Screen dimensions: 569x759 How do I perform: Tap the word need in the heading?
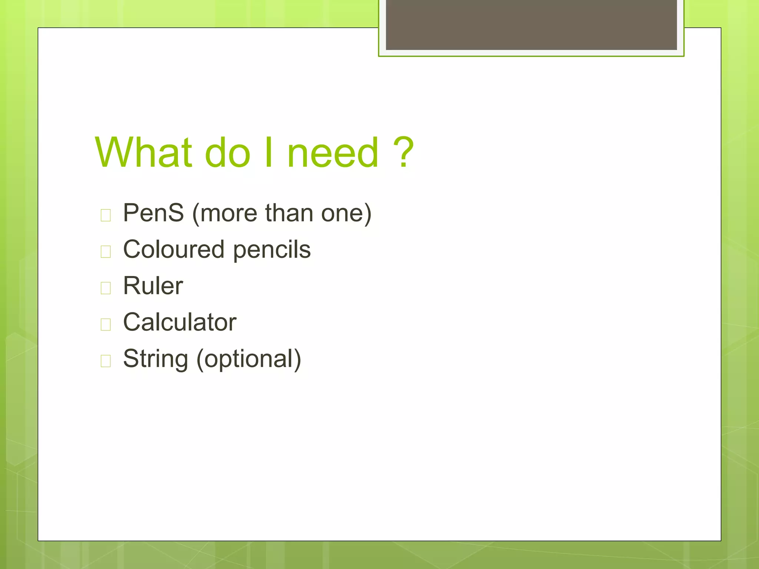click(x=333, y=152)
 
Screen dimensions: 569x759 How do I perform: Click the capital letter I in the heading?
click(x=269, y=152)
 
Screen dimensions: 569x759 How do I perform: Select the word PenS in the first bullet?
click(x=153, y=213)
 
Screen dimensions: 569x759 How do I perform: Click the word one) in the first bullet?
click(x=346, y=214)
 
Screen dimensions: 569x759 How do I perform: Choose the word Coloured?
click(x=174, y=249)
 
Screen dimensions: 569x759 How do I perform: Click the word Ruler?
click(x=153, y=286)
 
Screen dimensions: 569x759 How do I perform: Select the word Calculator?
click(x=180, y=322)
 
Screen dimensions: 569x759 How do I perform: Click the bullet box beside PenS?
click(x=106, y=215)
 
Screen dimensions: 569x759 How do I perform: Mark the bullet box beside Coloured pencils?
click(x=106, y=252)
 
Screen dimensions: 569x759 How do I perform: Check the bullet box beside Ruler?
click(x=106, y=288)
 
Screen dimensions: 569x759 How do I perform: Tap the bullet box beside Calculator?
click(x=106, y=324)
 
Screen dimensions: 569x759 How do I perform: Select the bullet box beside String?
click(x=106, y=360)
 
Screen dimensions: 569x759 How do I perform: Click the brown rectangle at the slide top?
click(x=531, y=24)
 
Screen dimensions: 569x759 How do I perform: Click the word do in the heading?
click(x=227, y=152)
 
